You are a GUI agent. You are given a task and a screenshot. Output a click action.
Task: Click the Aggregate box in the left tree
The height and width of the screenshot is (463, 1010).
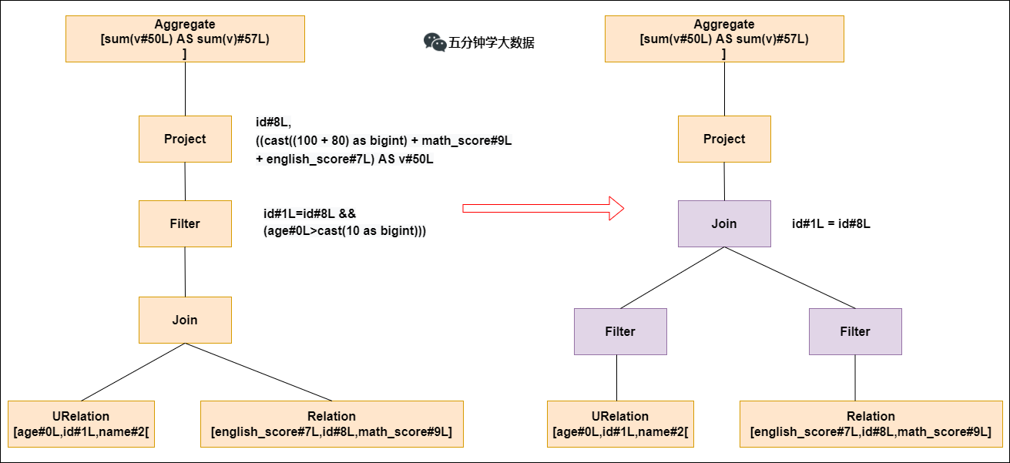click(185, 39)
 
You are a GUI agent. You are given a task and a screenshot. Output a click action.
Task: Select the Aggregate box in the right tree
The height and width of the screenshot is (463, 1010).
click(724, 39)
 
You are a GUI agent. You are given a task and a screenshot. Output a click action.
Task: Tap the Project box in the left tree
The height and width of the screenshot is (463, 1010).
click(185, 139)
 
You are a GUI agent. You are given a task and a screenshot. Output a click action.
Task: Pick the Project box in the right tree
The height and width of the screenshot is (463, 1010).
click(724, 139)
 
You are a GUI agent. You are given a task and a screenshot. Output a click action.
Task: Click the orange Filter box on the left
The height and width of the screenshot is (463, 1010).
click(185, 223)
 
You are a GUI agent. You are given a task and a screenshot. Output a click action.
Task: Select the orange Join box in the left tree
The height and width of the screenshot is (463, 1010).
click(185, 320)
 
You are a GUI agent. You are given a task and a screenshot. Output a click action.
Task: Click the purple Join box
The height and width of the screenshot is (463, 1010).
click(724, 223)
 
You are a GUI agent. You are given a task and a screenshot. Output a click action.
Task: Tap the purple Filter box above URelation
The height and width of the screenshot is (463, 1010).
click(620, 331)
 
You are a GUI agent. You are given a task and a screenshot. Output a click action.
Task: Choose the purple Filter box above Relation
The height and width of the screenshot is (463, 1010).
click(855, 331)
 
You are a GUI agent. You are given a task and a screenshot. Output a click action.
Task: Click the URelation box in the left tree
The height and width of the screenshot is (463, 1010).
click(81, 424)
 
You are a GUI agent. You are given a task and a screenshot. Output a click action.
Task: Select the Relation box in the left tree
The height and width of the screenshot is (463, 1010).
click(331, 424)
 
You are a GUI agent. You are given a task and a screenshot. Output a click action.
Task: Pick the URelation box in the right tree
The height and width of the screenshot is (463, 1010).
click(620, 424)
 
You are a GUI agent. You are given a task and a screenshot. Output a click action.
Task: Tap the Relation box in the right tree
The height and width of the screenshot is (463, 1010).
click(871, 424)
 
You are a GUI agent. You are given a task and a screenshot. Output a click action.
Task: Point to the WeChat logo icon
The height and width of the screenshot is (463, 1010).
click(435, 42)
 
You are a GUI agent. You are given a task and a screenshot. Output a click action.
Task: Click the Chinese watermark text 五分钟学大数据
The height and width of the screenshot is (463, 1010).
click(492, 43)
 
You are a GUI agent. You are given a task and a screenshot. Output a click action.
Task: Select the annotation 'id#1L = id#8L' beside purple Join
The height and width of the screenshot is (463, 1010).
click(830, 224)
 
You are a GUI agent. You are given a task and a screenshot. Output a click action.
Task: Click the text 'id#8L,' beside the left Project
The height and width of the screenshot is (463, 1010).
click(273, 122)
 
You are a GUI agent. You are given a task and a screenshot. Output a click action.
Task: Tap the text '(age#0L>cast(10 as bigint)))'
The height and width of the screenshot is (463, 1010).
click(344, 230)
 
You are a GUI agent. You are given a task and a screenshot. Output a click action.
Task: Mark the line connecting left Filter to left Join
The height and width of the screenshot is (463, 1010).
click(185, 272)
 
